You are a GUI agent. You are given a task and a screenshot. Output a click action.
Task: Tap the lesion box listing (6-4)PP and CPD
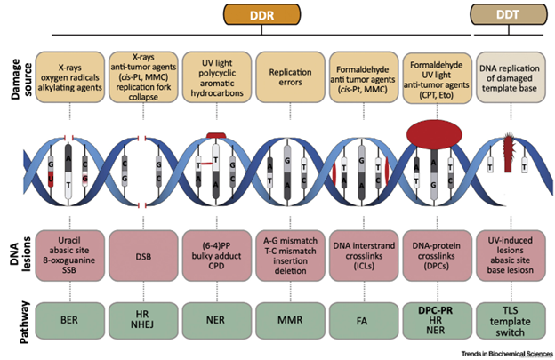(x=217, y=258)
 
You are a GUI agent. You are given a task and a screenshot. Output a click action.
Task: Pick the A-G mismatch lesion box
(x=290, y=258)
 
